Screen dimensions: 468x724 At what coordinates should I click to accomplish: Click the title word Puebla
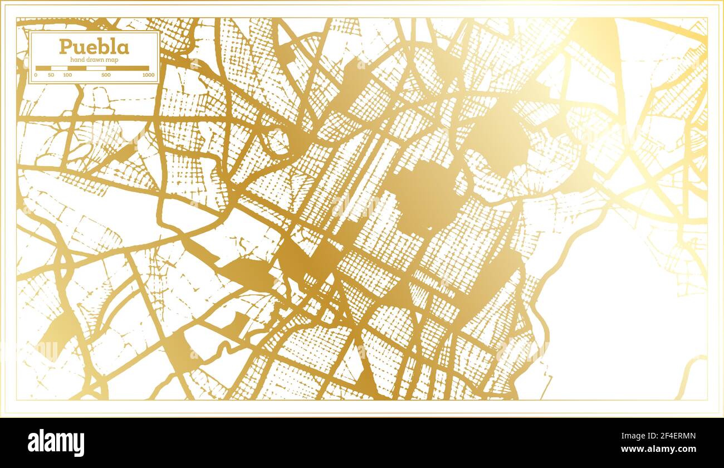point(94,47)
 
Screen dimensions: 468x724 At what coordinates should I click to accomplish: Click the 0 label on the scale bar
point(36,75)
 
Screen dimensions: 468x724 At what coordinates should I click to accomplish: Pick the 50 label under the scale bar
point(51,75)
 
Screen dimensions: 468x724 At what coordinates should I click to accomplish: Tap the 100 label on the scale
point(67,75)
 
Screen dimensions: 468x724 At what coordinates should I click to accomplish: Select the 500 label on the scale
point(106,75)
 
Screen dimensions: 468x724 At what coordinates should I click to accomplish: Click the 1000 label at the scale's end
point(148,75)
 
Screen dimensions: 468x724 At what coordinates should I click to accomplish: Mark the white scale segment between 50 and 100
point(59,68)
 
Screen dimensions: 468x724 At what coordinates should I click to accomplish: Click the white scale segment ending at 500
point(96,68)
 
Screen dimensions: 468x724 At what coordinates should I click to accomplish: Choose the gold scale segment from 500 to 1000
point(128,68)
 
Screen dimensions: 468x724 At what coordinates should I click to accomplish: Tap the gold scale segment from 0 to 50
point(43,68)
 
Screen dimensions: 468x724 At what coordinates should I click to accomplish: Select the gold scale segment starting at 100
point(76,68)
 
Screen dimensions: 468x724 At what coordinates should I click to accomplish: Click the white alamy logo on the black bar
point(56,443)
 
